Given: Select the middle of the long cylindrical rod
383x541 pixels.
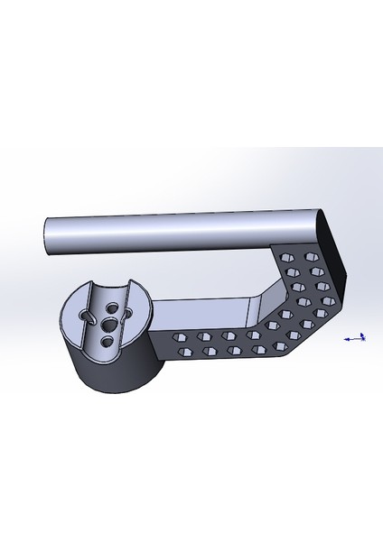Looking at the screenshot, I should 181,230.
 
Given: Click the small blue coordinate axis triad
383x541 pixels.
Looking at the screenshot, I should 356,338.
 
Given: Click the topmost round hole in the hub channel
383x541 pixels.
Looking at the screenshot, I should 111,306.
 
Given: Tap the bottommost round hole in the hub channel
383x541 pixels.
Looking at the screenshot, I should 107,340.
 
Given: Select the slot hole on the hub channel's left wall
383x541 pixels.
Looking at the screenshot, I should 88,316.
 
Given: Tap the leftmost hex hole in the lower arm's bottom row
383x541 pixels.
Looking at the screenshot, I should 183,352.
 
